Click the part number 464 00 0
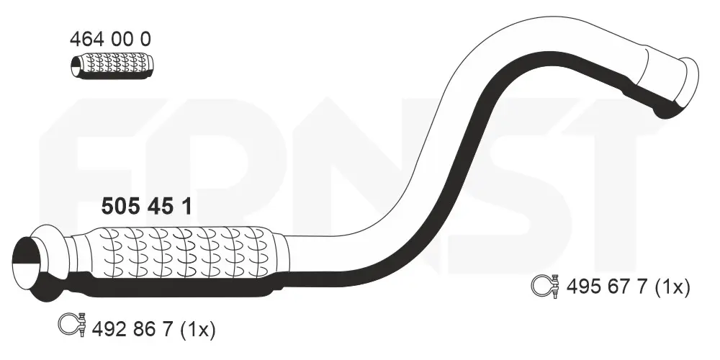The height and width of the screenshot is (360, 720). click(109, 40)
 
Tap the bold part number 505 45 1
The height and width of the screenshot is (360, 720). click(146, 207)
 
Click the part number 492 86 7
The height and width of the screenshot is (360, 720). click(132, 329)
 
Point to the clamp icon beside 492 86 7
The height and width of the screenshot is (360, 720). click(73, 324)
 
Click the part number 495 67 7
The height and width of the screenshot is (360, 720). click(607, 287)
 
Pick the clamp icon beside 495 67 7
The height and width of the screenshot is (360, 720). click(546, 286)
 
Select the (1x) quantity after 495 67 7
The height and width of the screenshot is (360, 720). click(672, 287)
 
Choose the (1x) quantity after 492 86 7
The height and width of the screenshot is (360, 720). click(197, 329)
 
